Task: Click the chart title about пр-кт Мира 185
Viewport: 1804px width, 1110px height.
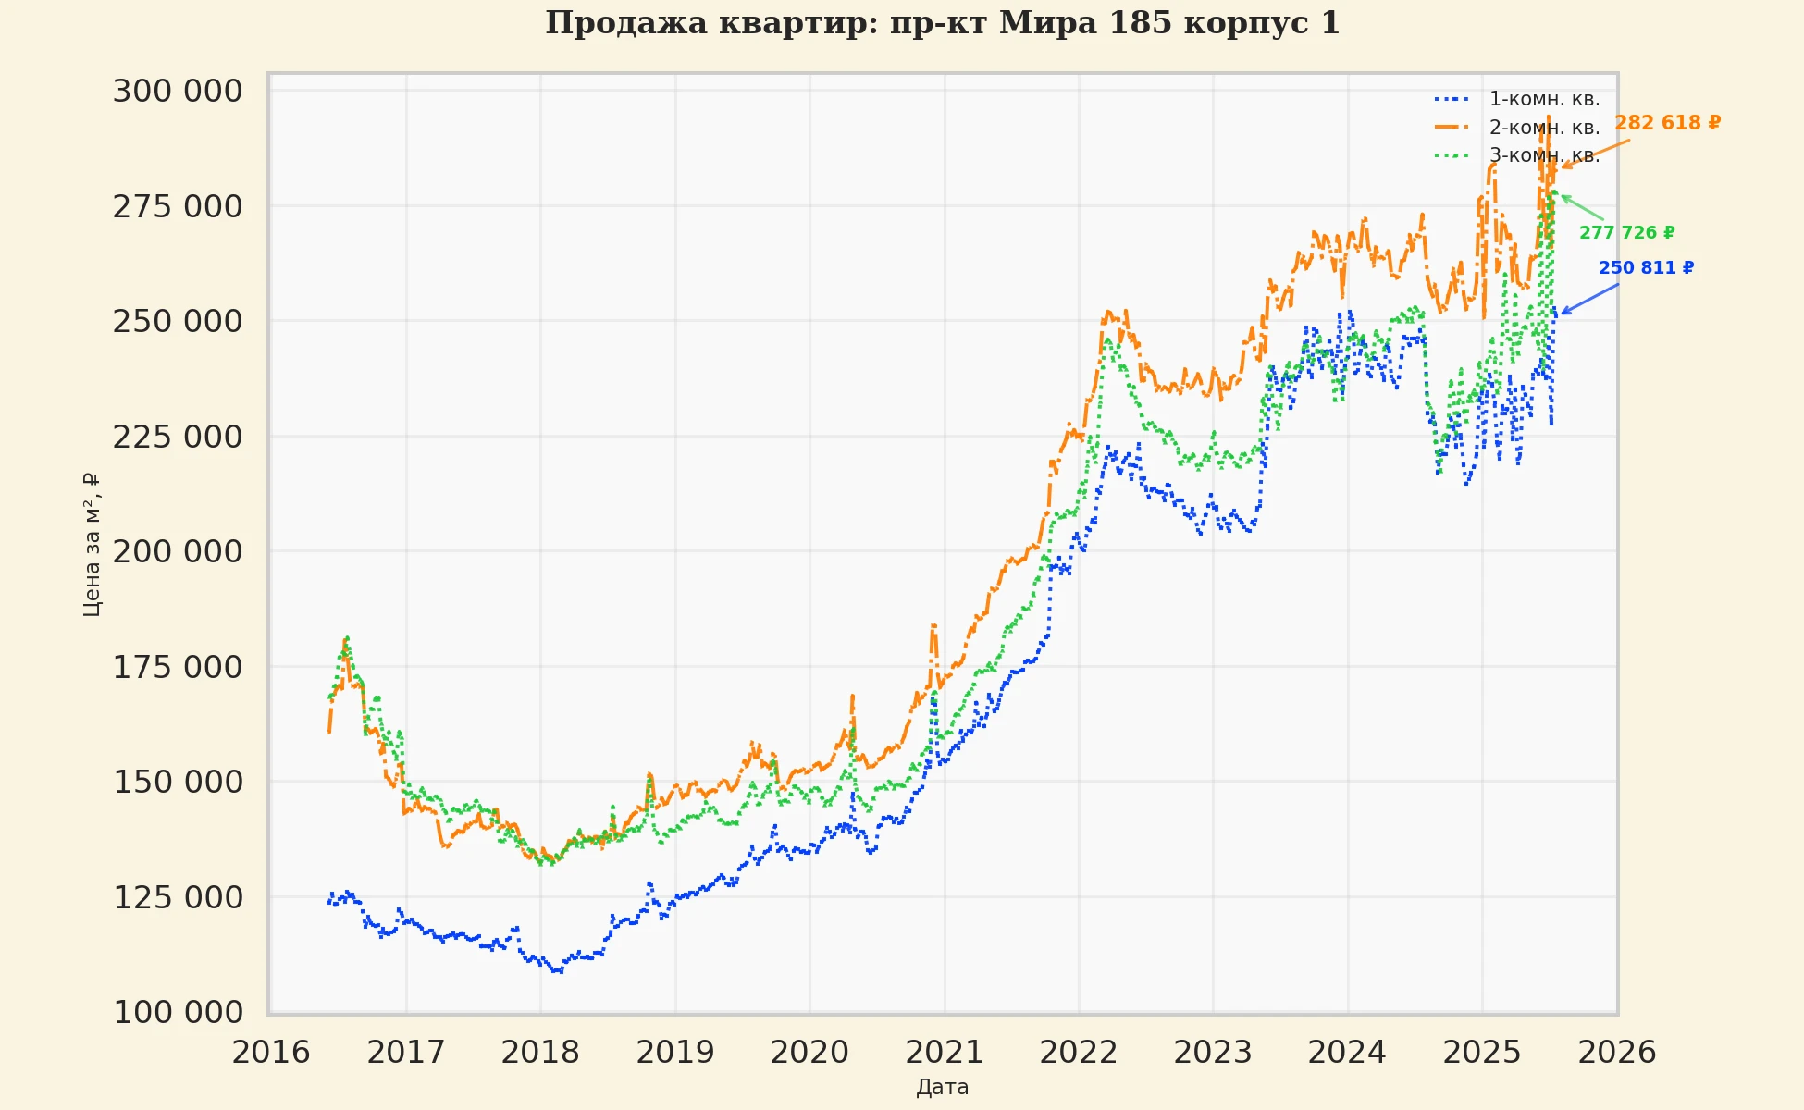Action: [x=942, y=23]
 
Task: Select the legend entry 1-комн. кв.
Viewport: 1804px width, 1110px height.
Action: [x=1544, y=99]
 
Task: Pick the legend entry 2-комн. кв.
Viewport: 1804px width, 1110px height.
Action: [x=1544, y=128]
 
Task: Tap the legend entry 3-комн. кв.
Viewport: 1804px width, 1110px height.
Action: [x=1544, y=155]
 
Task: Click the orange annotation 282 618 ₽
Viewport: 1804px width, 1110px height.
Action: [x=1667, y=123]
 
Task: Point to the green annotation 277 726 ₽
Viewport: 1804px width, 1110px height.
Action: [x=1626, y=233]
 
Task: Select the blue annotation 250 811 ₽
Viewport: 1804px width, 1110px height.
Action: [x=1646, y=268]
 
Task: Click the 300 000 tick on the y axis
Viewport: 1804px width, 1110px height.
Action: [x=178, y=92]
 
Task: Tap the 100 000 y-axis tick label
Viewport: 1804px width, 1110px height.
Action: [x=178, y=1013]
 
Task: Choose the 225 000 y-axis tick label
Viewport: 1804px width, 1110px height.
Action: [x=178, y=437]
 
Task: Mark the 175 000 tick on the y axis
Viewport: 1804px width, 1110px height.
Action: [x=178, y=667]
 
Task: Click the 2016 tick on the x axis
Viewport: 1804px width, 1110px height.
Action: [x=271, y=1053]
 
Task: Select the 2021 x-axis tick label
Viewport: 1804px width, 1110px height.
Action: [x=944, y=1053]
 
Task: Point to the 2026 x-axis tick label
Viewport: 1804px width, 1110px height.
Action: [x=1616, y=1053]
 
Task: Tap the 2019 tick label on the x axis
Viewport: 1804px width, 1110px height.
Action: [x=674, y=1053]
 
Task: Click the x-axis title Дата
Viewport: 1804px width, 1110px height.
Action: [x=942, y=1088]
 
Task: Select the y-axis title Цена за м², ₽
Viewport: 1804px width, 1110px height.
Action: [x=91, y=544]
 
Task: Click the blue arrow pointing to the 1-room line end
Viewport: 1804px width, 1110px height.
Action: [x=1589, y=299]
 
